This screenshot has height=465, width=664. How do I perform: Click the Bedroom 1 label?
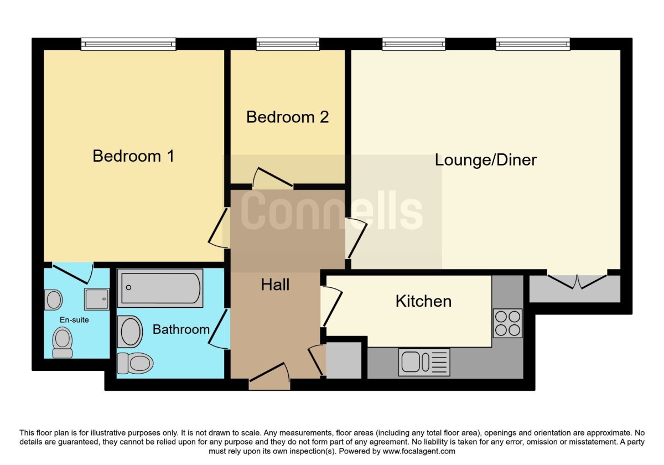tap(133, 156)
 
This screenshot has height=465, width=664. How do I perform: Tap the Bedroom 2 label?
tap(287, 117)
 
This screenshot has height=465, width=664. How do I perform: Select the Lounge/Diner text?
tap(485, 160)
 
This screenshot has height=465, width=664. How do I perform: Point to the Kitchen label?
tap(423, 301)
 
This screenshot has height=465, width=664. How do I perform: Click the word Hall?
tap(275, 285)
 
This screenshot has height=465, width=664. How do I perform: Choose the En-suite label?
tap(74, 320)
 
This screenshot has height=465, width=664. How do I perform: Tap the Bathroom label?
tap(181, 329)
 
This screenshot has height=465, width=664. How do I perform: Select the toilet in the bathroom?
tap(135, 363)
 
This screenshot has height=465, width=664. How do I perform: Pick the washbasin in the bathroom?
tap(131, 332)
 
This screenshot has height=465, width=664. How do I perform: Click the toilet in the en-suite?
tap(62, 342)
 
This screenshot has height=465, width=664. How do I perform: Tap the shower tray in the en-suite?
tap(96, 299)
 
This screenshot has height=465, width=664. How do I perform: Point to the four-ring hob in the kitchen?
tap(507, 323)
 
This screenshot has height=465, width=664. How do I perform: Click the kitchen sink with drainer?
tap(424, 362)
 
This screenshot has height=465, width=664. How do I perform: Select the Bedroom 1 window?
tap(128, 44)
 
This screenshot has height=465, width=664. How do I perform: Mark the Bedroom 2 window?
tap(288, 44)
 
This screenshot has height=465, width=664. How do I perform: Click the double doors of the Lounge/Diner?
tap(577, 281)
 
